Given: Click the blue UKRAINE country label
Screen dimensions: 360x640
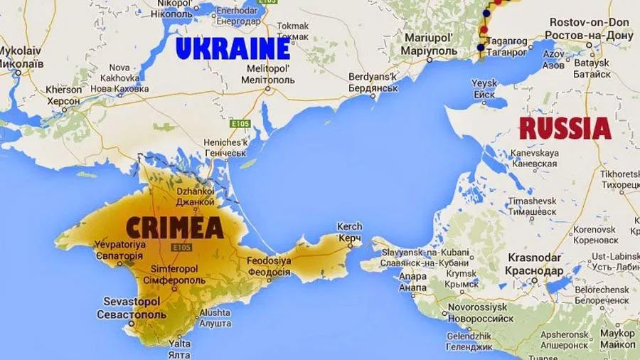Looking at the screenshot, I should [233, 48].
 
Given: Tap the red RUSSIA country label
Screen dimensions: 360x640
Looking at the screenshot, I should [565, 129].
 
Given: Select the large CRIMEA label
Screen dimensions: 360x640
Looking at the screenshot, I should [175, 228].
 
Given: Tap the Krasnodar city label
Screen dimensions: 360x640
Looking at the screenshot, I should [534, 265].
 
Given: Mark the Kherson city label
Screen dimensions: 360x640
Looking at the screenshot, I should [63, 95].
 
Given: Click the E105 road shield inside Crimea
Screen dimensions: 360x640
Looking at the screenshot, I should [183, 247].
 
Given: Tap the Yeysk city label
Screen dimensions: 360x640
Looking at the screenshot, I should [484, 89].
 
